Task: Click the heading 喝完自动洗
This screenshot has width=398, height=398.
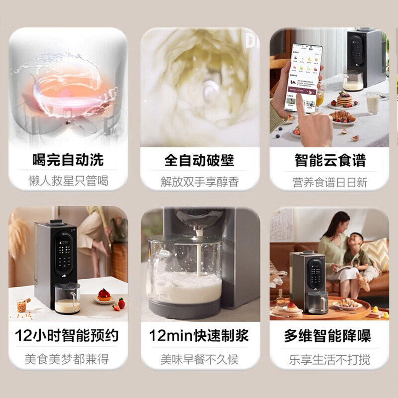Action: point(68,160)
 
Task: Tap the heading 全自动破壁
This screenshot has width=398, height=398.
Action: point(199,160)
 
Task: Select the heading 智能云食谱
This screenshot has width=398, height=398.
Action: point(330,160)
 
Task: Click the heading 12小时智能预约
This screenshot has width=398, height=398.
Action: point(67,336)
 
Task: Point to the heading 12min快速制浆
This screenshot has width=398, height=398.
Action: point(199,336)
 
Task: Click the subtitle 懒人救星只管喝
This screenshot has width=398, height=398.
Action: point(68,181)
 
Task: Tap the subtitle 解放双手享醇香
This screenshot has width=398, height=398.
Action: point(200,182)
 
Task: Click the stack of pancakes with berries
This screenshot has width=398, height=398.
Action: point(344,100)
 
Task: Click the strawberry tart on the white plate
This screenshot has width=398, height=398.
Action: point(104,295)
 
